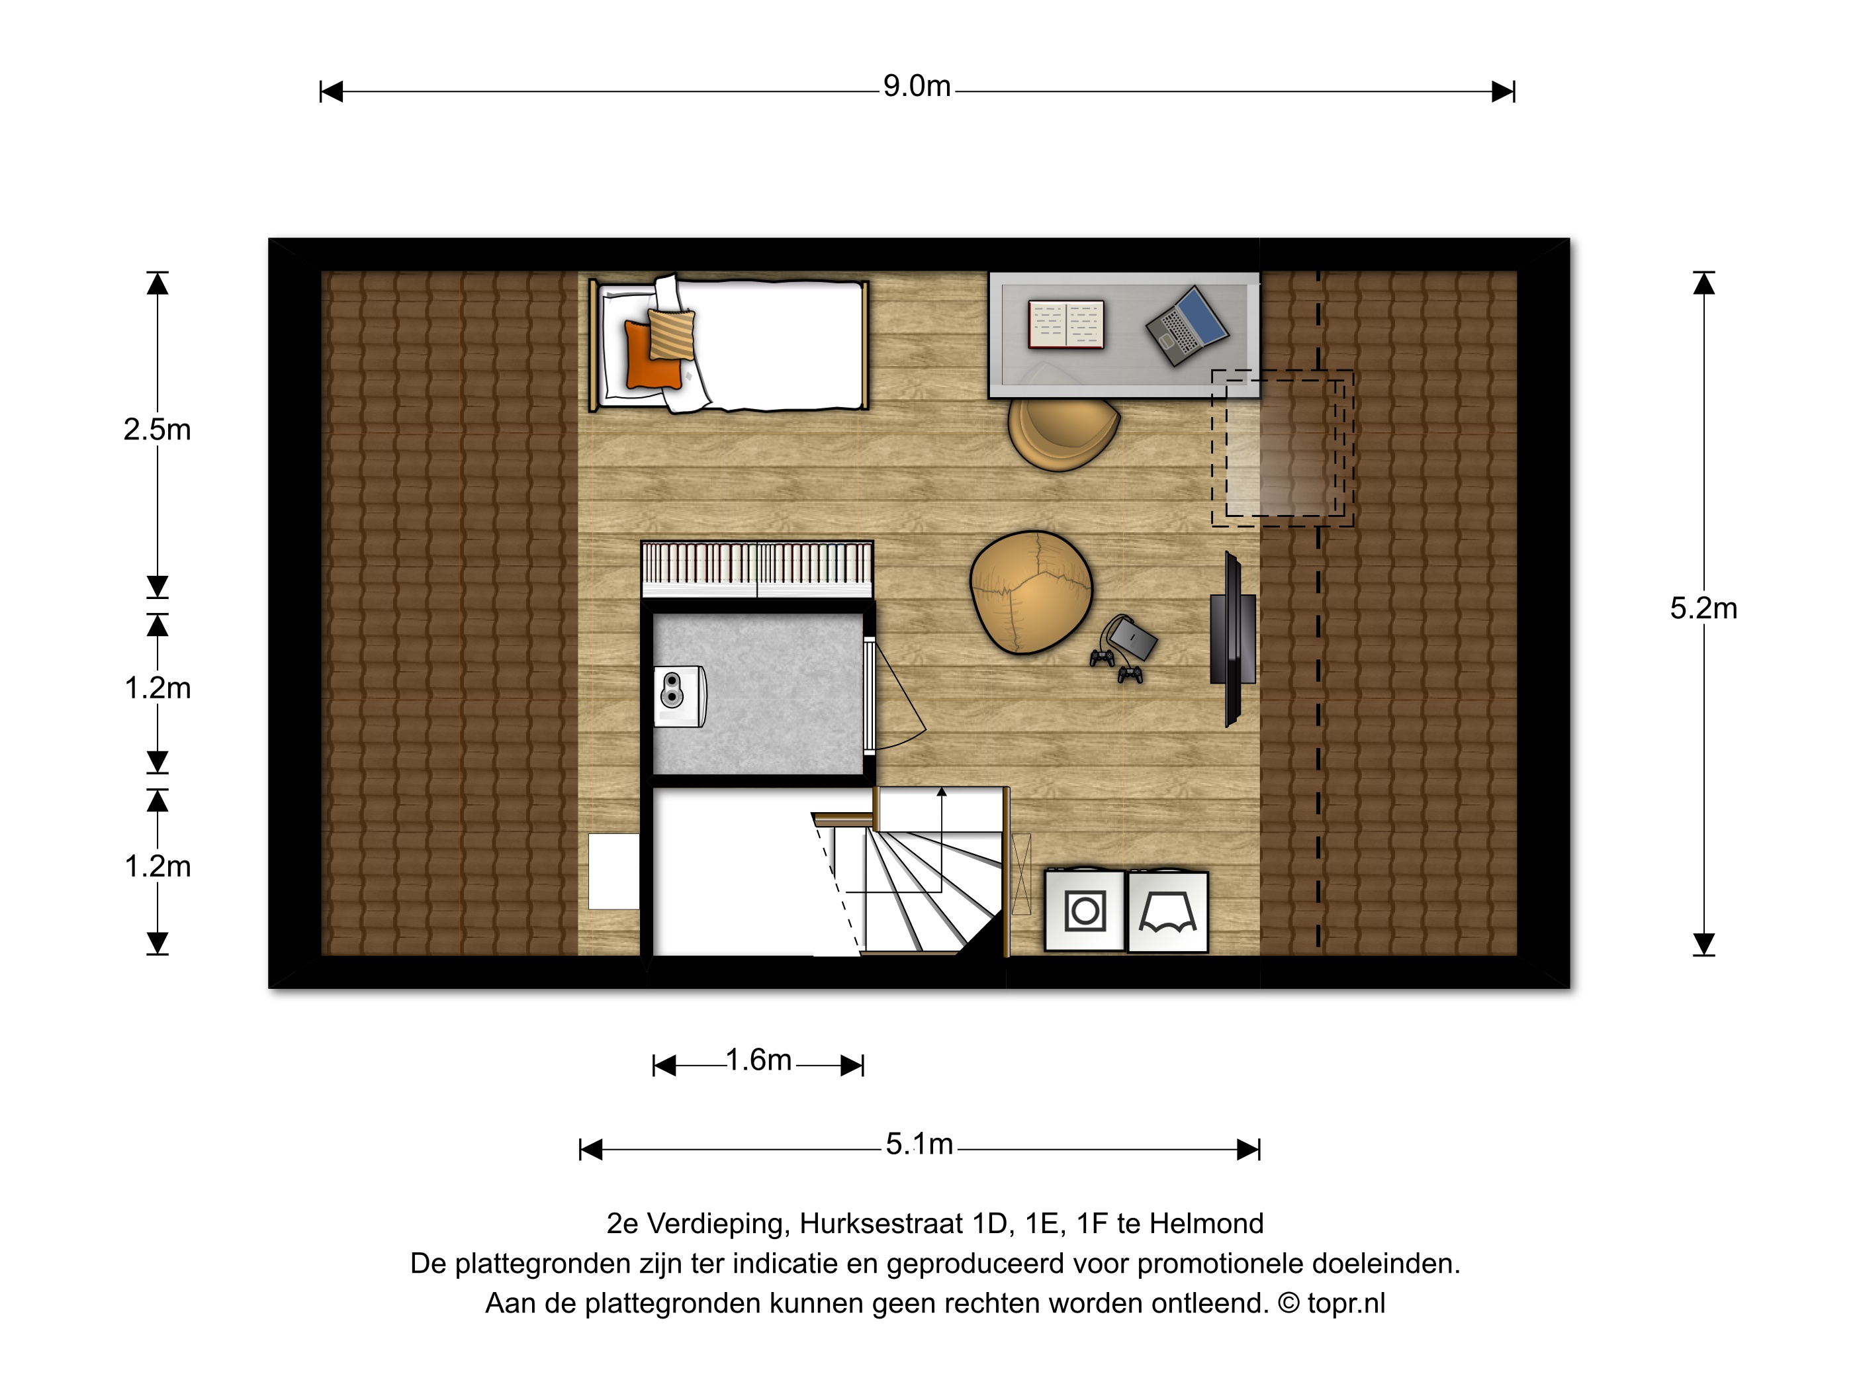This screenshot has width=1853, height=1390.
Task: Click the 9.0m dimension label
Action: (917, 86)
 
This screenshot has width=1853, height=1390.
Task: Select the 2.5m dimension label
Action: (158, 430)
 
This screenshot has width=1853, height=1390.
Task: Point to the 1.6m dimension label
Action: (758, 1061)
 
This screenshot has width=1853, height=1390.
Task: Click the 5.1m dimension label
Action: (919, 1144)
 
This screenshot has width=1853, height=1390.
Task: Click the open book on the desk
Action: (1065, 324)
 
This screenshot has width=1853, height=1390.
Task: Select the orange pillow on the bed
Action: (651, 355)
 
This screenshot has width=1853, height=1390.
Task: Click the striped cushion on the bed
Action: (672, 334)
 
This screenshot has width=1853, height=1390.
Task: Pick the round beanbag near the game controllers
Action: (1030, 592)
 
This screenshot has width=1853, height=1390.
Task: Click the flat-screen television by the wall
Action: (1233, 639)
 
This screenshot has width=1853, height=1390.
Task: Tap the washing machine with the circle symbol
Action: (1085, 911)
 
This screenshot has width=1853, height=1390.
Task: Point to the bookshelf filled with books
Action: (757, 569)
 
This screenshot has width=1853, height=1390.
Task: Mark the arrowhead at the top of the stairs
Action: (942, 792)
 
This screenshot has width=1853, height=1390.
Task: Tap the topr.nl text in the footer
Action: (1346, 1304)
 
